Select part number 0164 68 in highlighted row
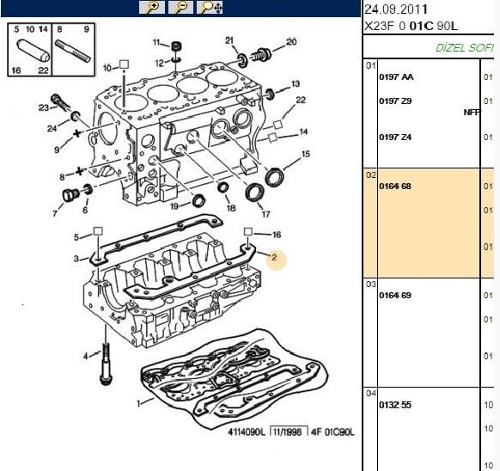(394, 186)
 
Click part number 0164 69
(394, 296)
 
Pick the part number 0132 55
(394, 403)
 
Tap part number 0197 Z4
(394, 137)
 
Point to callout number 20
(290, 41)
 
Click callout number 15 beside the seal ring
(306, 155)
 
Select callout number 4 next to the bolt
(85, 355)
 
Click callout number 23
(43, 107)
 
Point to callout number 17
(266, 214)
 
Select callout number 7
(57, 213)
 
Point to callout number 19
(174, 206)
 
